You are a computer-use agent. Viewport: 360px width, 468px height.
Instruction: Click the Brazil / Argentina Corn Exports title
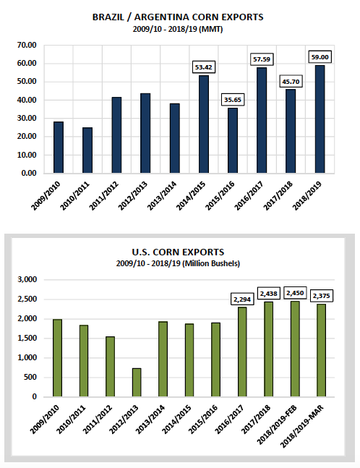point(178,17)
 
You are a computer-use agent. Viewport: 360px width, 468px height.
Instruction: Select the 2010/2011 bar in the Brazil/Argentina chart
point(87,150)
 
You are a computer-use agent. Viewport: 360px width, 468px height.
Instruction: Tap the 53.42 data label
point(204,67)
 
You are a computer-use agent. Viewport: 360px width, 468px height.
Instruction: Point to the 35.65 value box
point(233,100)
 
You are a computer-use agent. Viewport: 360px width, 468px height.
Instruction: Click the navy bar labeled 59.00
point(320,119)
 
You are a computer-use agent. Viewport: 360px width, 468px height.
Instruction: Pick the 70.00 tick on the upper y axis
point(27,45)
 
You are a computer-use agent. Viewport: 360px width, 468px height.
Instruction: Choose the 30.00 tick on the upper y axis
point(27,118)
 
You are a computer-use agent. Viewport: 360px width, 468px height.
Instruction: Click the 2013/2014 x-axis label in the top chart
point(162,196)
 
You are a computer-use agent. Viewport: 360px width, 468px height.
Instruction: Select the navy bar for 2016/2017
point(262,120)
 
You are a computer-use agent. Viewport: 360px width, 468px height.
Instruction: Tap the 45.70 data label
point(291,81)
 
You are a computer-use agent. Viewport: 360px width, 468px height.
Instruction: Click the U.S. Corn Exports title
point(178,252)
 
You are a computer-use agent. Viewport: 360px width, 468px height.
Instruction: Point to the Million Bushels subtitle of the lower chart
point(178,263)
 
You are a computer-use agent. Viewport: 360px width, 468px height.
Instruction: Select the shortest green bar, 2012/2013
point(137,383)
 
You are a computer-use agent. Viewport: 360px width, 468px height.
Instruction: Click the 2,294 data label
point(242,299)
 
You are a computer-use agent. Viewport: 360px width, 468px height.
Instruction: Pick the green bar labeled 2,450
point(295,349)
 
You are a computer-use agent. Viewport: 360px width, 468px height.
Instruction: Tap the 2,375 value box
point(322,296)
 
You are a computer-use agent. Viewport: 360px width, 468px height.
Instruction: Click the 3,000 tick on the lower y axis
point(27,280)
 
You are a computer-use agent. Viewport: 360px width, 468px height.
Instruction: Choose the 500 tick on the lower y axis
point(31,378)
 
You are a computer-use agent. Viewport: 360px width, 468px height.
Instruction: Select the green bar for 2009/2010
point(57,358)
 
